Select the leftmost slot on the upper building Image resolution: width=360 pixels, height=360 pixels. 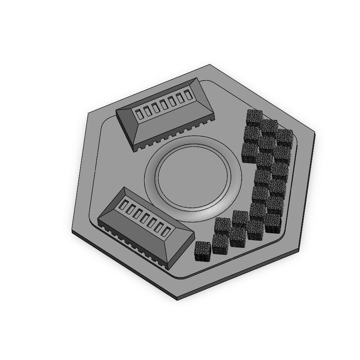[139, 113]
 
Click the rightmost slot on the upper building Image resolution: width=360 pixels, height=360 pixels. [188, 95]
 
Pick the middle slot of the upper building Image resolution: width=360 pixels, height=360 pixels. [163, 104]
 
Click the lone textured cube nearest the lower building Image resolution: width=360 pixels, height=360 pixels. [203, 251]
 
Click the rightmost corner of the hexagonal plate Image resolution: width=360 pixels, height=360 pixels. [315, 133]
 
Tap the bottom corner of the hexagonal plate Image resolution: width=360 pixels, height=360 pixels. [177, 299]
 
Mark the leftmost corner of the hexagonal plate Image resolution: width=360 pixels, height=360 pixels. [72, 231]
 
